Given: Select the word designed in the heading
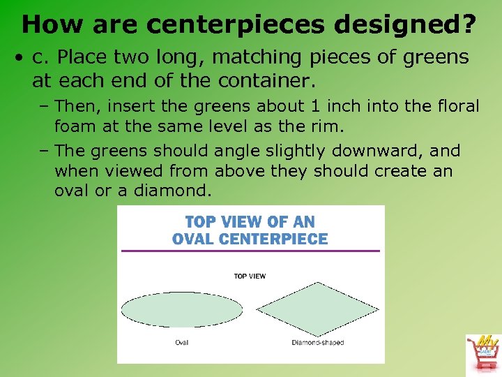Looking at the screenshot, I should [396, 25].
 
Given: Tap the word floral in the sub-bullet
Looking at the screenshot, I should [455, 106].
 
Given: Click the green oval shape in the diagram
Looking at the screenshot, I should [182, 309].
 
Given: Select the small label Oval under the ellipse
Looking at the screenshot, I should [181, 342].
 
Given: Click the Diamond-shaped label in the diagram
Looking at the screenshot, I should [317, 342].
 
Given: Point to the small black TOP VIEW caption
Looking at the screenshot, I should [250, 276].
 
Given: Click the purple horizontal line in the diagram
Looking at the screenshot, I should [250, 251].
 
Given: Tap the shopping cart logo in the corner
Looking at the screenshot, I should [483, 353].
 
